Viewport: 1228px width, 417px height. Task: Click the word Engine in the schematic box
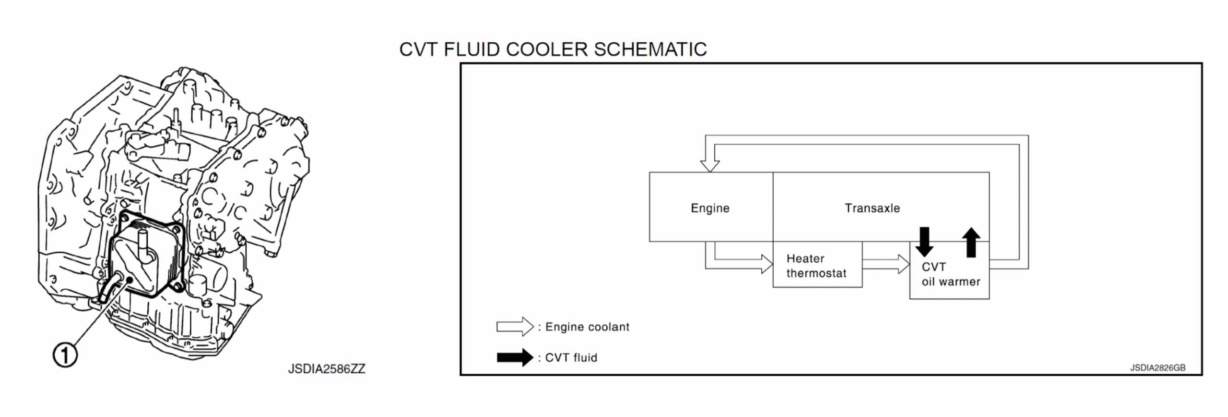point(709,208)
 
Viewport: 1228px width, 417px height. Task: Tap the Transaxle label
point(872,208)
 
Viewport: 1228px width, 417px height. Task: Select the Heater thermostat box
point(816,266)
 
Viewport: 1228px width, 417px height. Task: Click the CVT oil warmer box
point(950,274)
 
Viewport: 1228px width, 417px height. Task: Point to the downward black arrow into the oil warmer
point(924,242)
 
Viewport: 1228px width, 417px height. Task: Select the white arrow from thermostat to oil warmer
point(886,264)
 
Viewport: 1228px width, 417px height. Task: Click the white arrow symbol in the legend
point(515,327)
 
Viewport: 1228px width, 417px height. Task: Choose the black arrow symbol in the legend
point(515,357)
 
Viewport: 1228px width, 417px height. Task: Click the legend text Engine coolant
point(587,327)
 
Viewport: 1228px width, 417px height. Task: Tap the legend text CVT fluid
point(571,358)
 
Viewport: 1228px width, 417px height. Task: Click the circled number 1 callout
point(65,355)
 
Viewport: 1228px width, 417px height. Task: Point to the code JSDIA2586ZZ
point(326,369)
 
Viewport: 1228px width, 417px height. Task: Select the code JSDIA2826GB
point(1157,368)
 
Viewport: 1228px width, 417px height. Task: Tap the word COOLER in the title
point(546,49)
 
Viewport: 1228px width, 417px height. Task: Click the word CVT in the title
point(419,49)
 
